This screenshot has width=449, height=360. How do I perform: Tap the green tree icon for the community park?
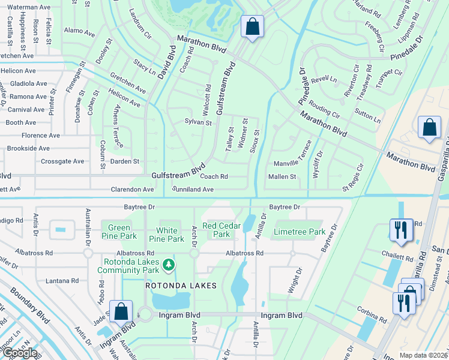169,264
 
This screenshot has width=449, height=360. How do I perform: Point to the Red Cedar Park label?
217,230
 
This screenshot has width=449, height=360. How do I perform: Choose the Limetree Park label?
299,232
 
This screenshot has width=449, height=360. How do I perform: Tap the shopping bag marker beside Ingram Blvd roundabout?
121,311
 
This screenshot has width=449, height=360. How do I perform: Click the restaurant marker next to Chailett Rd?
401,230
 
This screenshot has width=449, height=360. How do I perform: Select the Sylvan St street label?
198,122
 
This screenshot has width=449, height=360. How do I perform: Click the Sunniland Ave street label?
193,189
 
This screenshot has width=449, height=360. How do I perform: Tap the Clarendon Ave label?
131,189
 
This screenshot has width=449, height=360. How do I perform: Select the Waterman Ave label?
28,7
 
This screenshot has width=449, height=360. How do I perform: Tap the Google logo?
20,353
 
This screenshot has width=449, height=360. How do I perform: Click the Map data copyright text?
423,355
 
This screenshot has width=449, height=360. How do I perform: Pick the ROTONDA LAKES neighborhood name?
180,286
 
